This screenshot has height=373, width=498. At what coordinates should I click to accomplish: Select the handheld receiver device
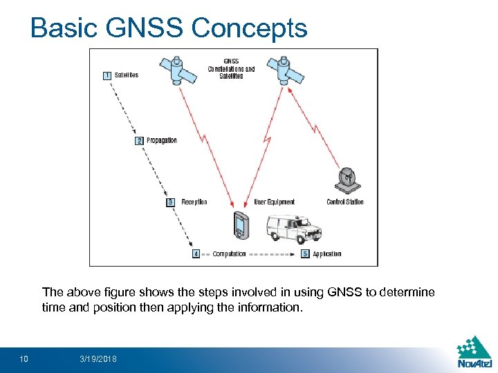coord(241,226)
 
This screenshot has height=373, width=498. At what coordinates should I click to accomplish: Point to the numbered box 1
coord(107,75)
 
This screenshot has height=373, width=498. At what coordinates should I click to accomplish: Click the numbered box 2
coord(139,141)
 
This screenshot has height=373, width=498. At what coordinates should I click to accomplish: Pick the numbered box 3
coord(170,202)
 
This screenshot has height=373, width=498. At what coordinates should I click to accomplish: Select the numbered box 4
coord(196,254)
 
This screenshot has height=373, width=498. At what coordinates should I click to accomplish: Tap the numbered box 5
coord(305,254)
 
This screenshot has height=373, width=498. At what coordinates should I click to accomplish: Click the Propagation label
coord(162,141)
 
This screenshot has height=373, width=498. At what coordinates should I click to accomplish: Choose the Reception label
coord(194,202)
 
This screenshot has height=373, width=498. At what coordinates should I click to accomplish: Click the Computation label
coord(229,254)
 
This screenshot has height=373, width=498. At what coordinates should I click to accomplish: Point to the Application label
coord(327,254)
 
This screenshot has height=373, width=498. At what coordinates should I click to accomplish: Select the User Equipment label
coord(275,202)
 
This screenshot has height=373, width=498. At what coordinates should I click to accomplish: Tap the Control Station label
coord(345,202)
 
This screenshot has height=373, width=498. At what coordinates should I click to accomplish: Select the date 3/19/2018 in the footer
coord(98,359)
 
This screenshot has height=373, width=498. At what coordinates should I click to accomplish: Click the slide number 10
coord(24,359)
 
